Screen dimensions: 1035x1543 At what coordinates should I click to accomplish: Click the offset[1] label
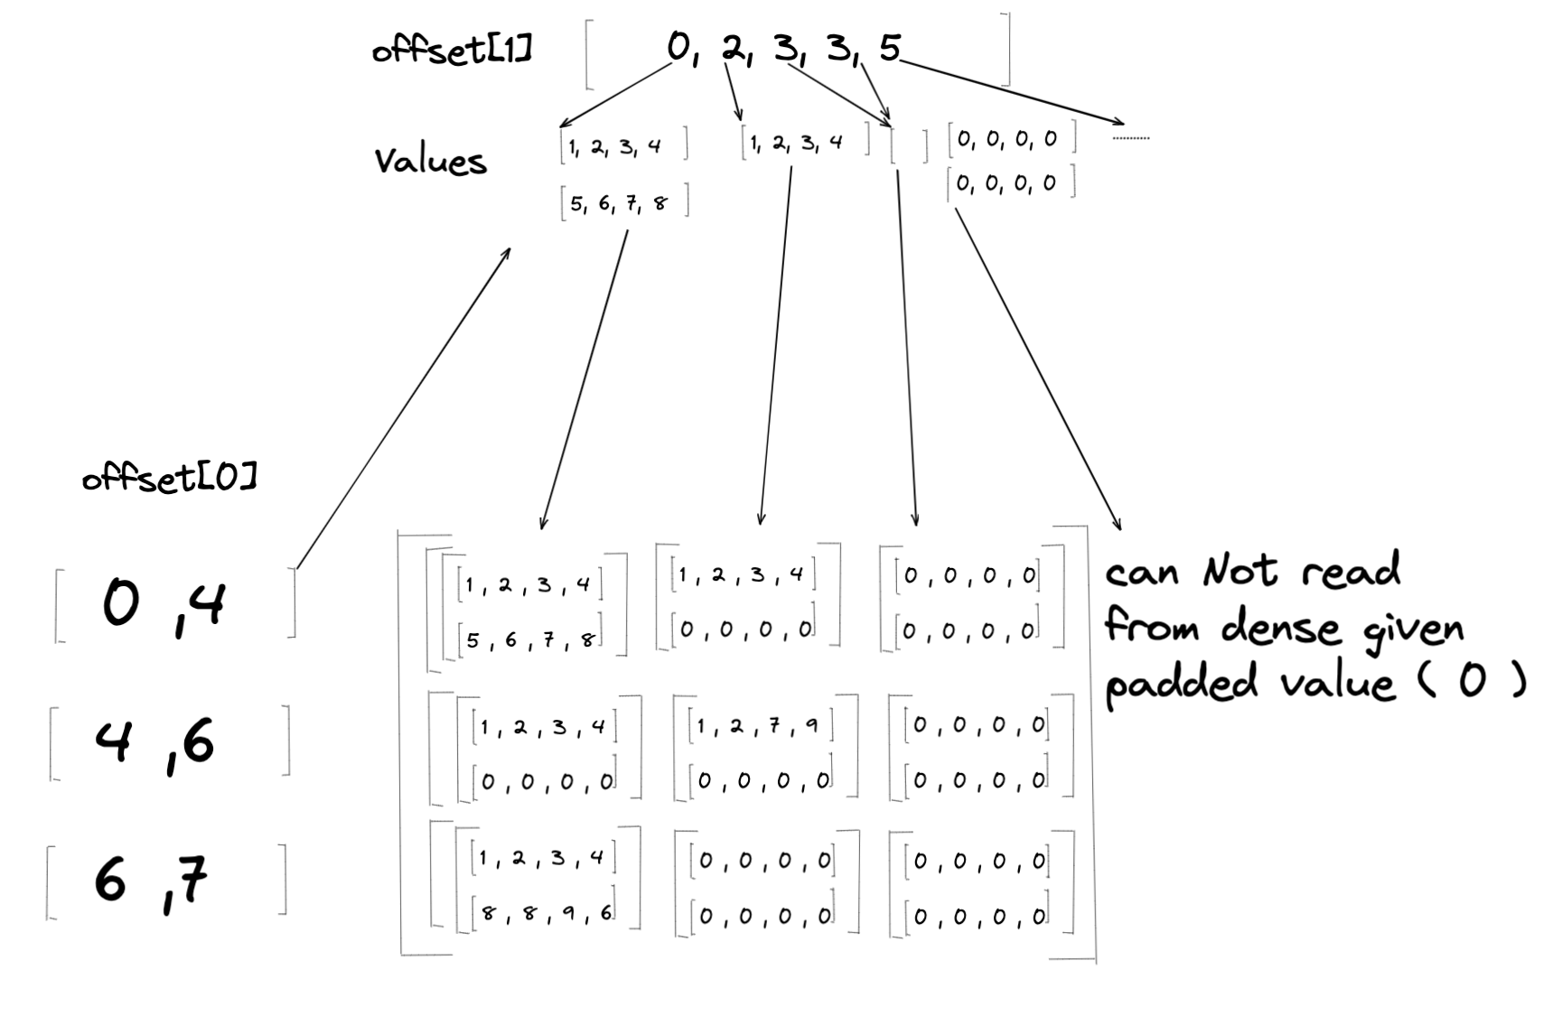tap(452, 49)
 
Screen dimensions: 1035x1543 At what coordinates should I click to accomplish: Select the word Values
tap(430, 161)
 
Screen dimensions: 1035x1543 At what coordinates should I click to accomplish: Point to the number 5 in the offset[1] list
tap(890, 47)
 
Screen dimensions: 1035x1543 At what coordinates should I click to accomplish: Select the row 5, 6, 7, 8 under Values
tap(623, 203)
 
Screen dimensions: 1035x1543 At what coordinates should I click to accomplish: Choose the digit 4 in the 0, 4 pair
tap(207, 604)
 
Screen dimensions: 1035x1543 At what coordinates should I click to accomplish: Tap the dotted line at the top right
tap(1130, 138)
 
